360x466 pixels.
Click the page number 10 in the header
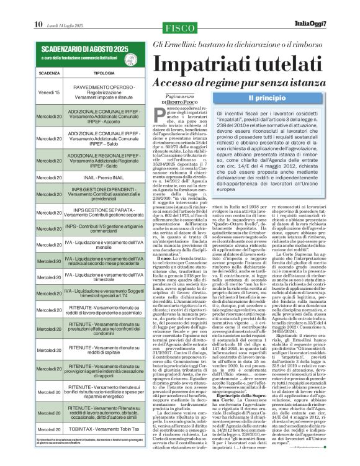pyautogui.click(x=20, y=7)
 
